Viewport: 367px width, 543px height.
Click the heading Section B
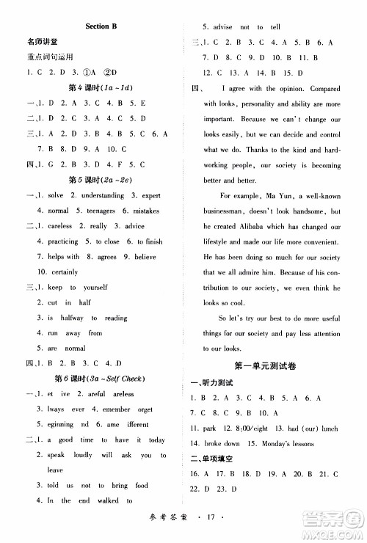(x=101, y=26)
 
